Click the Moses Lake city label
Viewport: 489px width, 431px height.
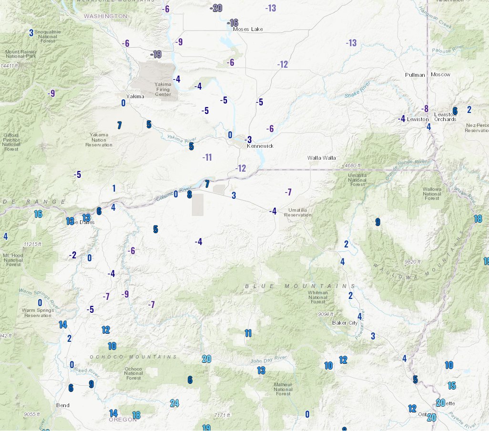pos(248,29)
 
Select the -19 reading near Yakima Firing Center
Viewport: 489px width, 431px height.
pos(156,54)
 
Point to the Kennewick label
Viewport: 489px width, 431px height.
pos(260,146)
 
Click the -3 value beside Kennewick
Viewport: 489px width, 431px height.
pos(248,140)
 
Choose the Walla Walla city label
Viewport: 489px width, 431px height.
pos(321,158)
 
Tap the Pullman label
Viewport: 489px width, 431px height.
pos(415,75)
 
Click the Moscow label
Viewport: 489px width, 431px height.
pos(440,75)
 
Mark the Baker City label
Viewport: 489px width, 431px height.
pos(345,323)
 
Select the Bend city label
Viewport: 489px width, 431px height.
pos(63,406)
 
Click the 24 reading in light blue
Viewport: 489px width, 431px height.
pos(174,403)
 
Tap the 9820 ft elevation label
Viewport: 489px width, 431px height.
pos(412,262)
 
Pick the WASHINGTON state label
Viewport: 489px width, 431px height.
pos(105,16)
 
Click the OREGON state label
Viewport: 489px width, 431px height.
pos(123,420)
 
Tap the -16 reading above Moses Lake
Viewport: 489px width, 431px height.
pos(232,23)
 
